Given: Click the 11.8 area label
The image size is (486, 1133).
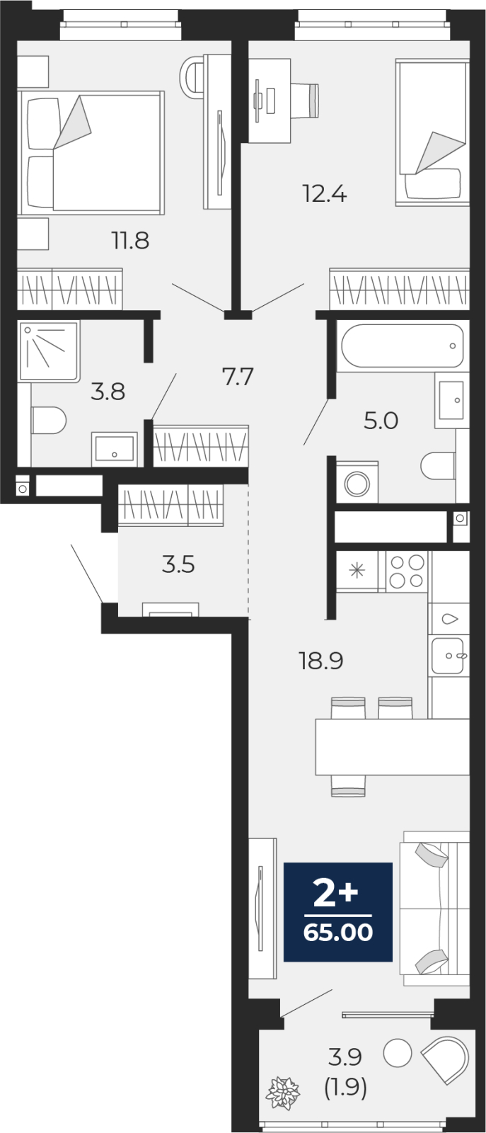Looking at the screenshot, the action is pos(130,240).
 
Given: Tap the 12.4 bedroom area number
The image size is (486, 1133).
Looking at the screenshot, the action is pos(324,193).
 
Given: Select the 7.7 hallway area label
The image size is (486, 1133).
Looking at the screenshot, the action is pos(238,377).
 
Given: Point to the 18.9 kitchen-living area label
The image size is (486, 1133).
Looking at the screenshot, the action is pos(321,661).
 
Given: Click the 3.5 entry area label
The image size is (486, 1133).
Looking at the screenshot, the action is pos(178,564).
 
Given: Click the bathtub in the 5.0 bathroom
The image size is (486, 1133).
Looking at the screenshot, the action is pos(402,346).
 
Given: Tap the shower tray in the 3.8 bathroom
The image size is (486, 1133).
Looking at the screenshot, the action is pos(49,351).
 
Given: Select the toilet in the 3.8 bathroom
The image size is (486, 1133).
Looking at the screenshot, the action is pos(49,421).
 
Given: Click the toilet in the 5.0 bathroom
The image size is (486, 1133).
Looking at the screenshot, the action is pos(438,466).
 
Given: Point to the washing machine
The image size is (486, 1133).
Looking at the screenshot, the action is pos(357,482).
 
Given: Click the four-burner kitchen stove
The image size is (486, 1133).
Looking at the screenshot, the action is pos(407,571).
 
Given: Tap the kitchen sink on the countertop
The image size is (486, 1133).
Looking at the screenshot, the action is pos(448,656).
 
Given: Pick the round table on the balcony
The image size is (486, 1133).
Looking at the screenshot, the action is pos(398,1052).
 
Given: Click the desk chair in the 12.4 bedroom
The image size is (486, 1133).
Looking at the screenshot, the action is pos(306,101).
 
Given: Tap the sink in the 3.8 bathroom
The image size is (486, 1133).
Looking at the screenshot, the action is pos(114,449).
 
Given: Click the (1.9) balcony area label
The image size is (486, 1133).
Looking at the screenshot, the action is pos(345,1086).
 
